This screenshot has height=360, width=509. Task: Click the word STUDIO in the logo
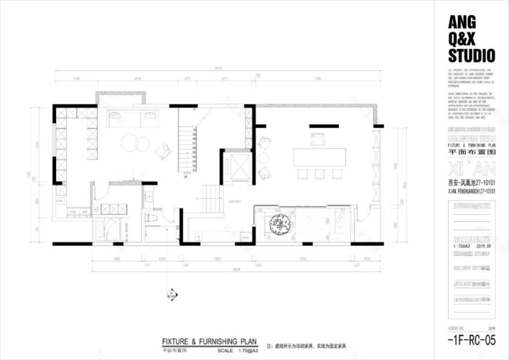click(471, 55)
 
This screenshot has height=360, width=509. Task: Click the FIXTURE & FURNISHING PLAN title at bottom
click(209, 342)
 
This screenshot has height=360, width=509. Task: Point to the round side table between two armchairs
click(264, 157)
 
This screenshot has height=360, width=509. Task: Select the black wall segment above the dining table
click(324, 125)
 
